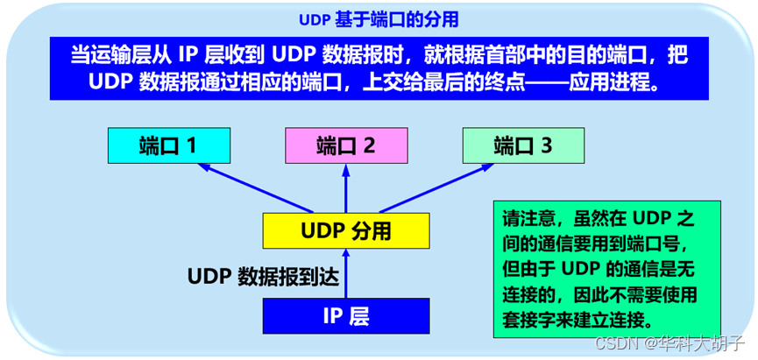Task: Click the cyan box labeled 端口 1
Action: point(169,145)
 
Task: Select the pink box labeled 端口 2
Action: point(345,145)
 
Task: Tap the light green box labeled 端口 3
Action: point(523,145)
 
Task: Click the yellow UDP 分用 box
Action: point(345,231)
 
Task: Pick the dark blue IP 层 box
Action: point(345,315)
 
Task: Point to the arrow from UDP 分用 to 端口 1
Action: point(256,188)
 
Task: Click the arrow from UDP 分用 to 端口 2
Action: point(346,188)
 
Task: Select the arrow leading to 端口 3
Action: point(436,188)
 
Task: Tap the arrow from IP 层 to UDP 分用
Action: point(346,273)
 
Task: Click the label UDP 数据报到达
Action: point(263,277)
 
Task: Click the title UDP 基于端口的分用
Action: point(379,20)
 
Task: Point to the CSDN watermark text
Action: point(671,342)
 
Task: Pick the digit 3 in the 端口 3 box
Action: point(547,145)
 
